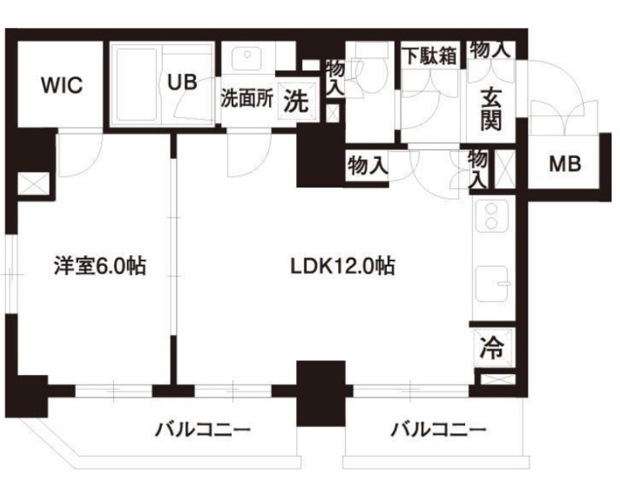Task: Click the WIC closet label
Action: pos(61,85)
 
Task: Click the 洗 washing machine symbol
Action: pos(296,102)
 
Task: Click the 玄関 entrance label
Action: pos(491,110)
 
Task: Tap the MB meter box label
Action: pos(564,164)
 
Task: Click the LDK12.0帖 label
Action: pos(343,267)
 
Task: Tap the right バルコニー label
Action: pos(438,429)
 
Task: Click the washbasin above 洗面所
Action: pos(249,57)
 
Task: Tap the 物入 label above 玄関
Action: pos(490,50)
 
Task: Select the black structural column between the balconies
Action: pos(320,391)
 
